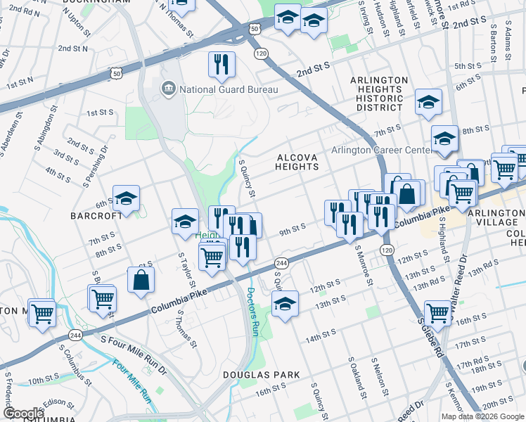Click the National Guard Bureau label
coord(229,89)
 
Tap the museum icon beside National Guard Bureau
coord(169,89)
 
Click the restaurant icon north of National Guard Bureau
coord(222,64)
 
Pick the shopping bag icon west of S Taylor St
coord(141,279)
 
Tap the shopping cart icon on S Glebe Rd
coord(437,311)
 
